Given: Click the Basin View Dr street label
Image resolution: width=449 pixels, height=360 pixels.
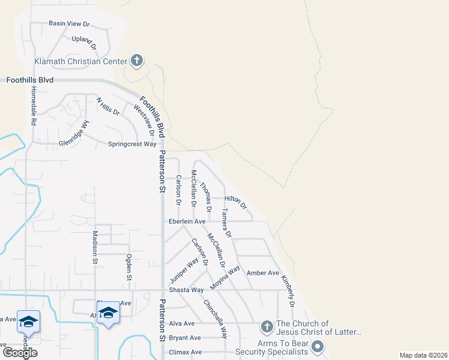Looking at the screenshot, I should [68, 24].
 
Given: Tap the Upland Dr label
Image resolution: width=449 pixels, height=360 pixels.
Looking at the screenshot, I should [84, 41].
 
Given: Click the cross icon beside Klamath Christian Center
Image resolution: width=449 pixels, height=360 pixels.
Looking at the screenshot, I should [137, 61].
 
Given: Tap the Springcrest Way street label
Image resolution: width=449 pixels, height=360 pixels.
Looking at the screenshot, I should [132, 144].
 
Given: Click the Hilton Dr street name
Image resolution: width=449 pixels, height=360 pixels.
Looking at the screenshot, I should [235, 201].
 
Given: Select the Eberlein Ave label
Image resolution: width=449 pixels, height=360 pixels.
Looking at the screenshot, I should [187, 221].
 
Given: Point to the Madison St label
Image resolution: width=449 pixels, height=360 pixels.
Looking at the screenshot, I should [95, 247].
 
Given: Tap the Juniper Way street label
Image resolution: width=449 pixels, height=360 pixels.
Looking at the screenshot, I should [184, 271].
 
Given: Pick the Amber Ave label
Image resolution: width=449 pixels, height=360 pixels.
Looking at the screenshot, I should [263, 273].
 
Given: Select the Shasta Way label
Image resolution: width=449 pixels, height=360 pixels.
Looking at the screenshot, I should [186, 290].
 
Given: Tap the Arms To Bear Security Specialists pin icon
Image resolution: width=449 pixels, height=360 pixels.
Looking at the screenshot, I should [318, 347].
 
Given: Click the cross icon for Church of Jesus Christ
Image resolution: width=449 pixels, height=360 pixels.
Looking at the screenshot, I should [267, 327].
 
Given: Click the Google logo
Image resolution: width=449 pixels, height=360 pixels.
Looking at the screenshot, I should [20, 353].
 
